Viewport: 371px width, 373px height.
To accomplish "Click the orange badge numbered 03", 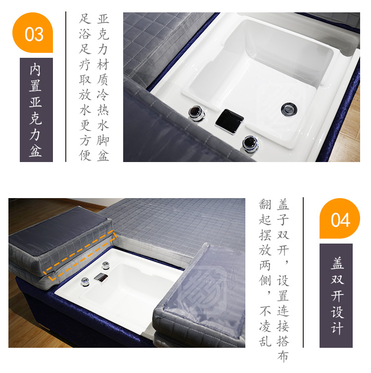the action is point(33,33).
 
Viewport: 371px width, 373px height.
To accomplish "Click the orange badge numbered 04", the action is point(339,218).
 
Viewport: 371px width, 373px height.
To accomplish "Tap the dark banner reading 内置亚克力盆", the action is point(36,110).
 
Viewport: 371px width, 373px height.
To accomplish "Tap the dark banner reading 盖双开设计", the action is point(336,295).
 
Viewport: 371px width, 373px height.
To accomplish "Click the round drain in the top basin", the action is point(289,109).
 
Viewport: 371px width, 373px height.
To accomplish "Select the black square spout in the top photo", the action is point(230,122).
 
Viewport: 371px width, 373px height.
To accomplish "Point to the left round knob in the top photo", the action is point(197,113).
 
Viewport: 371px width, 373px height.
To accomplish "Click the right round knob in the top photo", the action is point(250,144).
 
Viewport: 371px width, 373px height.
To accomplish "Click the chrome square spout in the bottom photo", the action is point(101,278).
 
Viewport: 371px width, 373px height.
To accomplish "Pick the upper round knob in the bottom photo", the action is point(105,265).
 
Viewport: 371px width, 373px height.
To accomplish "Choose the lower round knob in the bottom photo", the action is point(85,282).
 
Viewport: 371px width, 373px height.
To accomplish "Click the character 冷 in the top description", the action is point(103,95).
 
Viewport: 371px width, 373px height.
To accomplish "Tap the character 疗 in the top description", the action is point(85,64).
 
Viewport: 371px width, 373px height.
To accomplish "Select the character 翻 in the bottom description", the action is point(265,205).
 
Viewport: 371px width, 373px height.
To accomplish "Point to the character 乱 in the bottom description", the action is point(265,341).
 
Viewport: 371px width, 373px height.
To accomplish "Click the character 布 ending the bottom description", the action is point(283,356).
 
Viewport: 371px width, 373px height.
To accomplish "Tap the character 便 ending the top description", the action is point(85,155).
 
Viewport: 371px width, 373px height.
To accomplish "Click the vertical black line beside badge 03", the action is point(66,86).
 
